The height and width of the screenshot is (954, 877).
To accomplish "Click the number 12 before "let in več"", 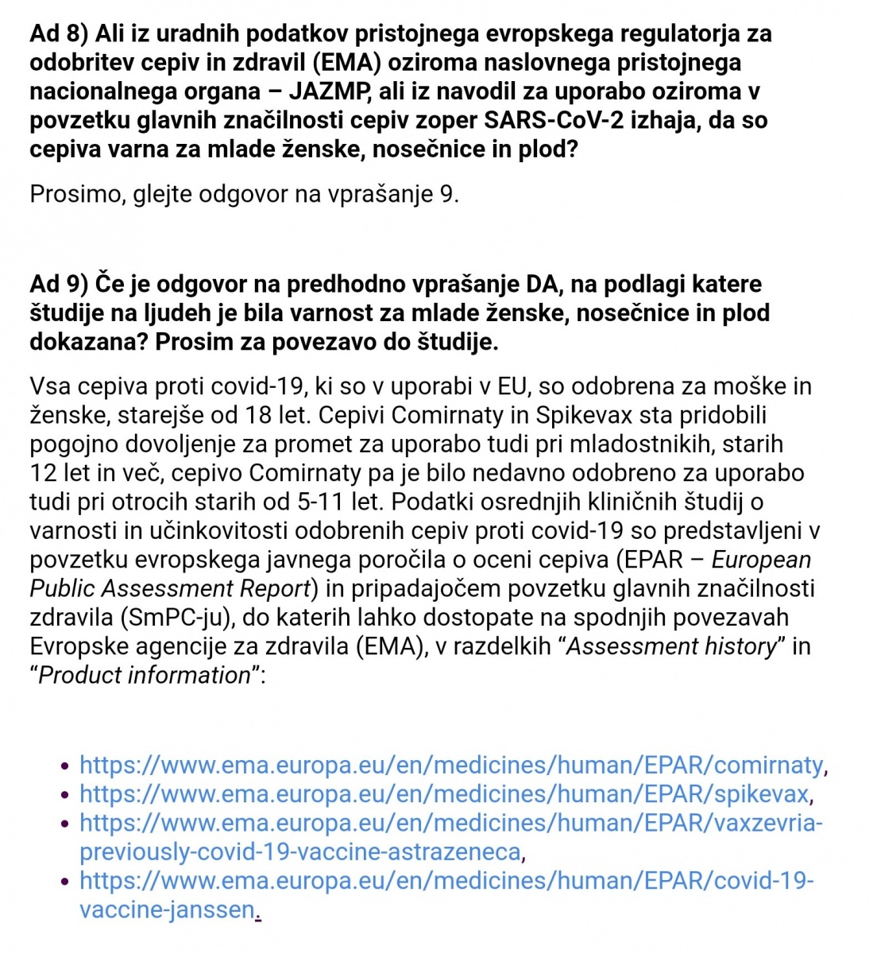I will pos(44,473).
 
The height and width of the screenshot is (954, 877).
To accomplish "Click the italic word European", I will pos(761,560).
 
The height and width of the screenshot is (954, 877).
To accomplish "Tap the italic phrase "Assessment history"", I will pos(671,646).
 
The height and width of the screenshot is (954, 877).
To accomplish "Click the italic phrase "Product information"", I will pos(145,675).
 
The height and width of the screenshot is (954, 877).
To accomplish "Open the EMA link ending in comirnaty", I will pos(451,765).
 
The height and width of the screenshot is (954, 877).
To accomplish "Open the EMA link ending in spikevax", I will pos(444,793).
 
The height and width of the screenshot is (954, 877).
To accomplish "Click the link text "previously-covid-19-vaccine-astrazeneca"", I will pos(300,852).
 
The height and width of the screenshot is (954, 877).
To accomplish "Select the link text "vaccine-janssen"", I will pos(167,909).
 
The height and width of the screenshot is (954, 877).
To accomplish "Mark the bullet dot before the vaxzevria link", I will pos(65,824).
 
